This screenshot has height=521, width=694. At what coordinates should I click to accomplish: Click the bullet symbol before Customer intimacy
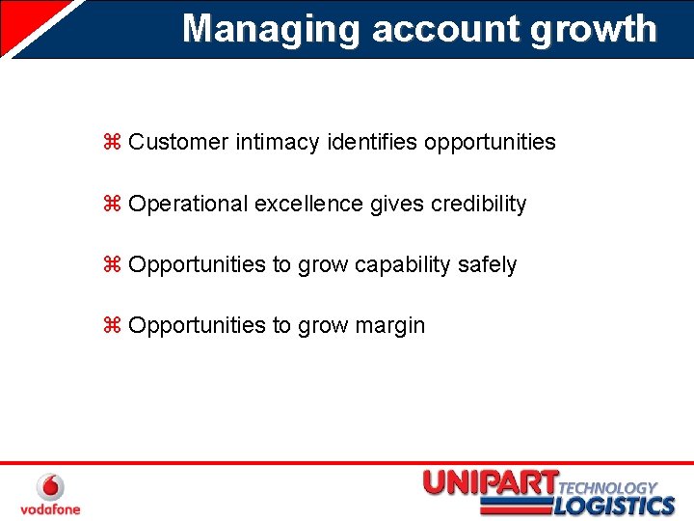click(111, 143)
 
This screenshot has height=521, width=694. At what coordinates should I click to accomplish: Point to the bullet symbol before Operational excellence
click(111, 205)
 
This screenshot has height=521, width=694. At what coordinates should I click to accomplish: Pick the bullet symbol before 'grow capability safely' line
click(111, 265)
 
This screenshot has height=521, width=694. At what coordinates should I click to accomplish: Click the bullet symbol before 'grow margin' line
click(111, 326)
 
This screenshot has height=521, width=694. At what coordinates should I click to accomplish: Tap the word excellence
click(308, 205)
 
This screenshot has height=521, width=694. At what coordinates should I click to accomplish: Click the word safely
click(487, 265)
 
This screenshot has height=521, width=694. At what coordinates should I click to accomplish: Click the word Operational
click(188, 205)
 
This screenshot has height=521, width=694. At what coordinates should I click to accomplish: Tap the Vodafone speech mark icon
click(50, 487)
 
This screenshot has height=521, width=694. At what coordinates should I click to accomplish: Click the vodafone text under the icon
click(50, 508)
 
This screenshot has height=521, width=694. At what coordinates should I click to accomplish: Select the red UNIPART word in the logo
click(490, 483)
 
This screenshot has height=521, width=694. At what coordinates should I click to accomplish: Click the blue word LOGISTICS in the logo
click(614, 506)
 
